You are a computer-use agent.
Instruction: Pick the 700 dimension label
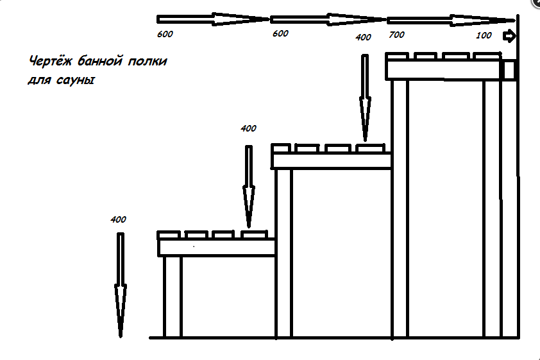(x=396, y=35)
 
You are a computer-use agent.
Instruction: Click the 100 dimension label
(x=484, y=35)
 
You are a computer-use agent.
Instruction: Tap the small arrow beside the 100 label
(x=509, y=36)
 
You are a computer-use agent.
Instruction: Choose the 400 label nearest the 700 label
(x=363, y=37)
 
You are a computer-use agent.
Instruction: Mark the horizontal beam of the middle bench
(x=332, y=160)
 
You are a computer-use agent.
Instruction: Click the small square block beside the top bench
(x=509, y=69)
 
